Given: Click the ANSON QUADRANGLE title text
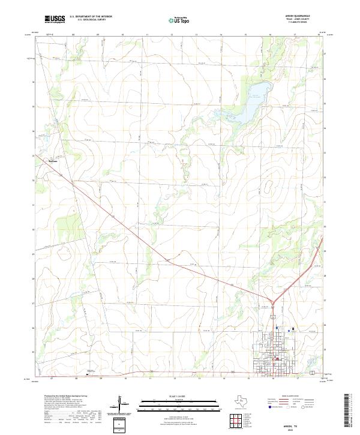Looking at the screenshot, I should tap(298, 17).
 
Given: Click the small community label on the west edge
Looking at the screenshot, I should tap(52, 160).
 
